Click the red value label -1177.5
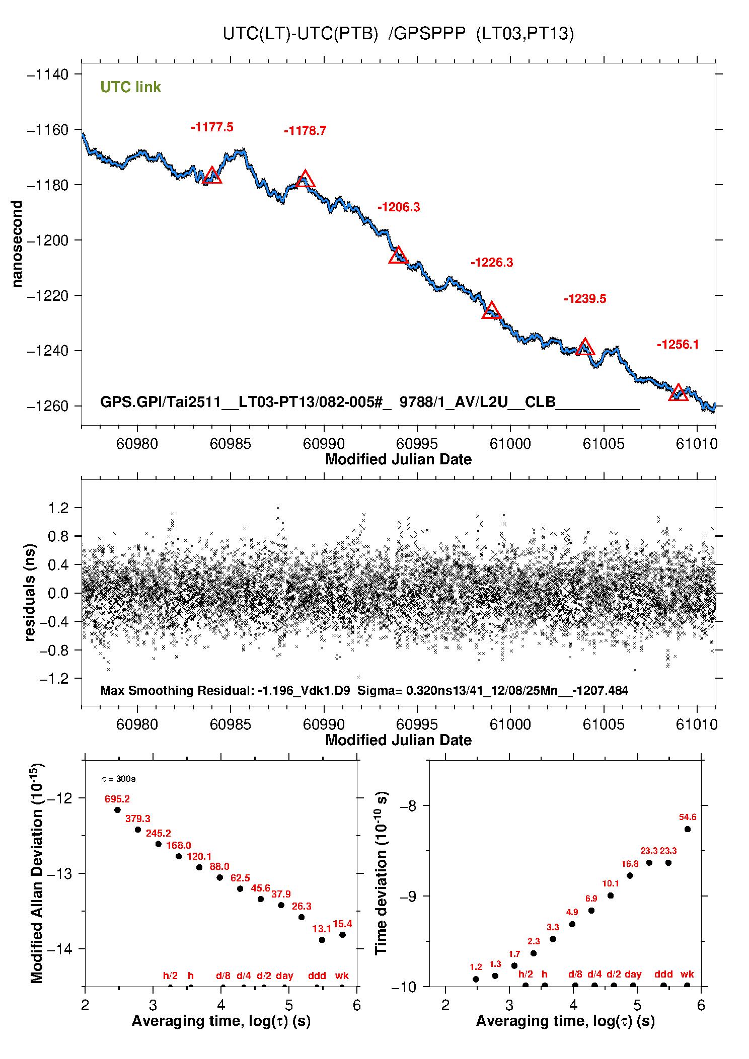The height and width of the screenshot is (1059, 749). (212, 127)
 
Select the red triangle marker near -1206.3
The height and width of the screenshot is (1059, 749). (398, 256)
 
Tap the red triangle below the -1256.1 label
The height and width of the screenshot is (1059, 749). (678, 393)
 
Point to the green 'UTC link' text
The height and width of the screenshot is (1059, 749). (130, 87)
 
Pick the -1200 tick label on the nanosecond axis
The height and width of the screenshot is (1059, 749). (47, 240)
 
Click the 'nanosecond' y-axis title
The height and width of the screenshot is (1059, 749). (17, 244)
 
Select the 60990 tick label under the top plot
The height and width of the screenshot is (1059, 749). (324, 444)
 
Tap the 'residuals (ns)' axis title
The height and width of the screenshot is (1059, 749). (30, 592)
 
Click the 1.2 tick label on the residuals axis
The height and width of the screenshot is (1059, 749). (58, 508)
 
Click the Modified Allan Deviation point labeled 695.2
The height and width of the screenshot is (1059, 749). (117, 810)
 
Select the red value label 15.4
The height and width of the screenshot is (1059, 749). (342, 924)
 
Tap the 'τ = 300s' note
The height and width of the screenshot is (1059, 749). (119, 779)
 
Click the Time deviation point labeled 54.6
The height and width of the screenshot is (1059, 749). (688, 829)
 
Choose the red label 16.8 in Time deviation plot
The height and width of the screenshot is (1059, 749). (630, 864)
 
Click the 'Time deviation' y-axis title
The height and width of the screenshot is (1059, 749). (381, 873)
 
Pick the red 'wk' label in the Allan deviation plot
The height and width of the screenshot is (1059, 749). (342, 975)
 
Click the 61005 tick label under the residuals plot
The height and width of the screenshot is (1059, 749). (604, 724)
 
